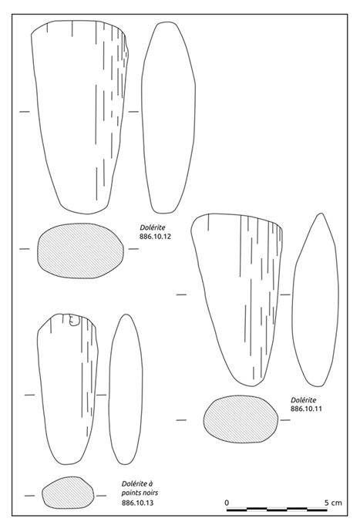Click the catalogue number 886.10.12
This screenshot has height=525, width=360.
pos(155,237)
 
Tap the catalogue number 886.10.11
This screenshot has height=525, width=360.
pos(306,409)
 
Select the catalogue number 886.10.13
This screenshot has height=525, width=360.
pos(137,503)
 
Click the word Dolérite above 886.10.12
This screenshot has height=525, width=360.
pos(153,227)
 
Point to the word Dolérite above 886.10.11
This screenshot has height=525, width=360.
pos(304,400)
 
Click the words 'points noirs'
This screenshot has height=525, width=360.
pos(140,493)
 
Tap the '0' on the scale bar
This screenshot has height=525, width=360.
pos(227,503)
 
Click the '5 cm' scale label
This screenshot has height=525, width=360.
pos(333,503)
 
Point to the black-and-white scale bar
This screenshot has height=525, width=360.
pos(277,510)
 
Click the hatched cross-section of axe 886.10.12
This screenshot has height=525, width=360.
pos(80,251)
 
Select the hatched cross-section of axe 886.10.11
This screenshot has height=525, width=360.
pos(241,419)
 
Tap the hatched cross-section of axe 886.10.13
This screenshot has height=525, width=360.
pos(68,493)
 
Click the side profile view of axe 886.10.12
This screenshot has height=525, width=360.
pos(168,117)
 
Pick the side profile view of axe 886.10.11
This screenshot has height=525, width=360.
pos(315,300)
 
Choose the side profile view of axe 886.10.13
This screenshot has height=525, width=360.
pos(126,389)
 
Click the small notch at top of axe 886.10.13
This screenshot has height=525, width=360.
pos(74,320)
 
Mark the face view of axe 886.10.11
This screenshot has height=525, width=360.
pos(237,299)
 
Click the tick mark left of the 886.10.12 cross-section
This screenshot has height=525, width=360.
pos(25,249)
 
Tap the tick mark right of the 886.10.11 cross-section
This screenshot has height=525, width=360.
pos(285,420)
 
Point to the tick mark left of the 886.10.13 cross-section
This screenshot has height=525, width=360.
pos(29,496)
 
